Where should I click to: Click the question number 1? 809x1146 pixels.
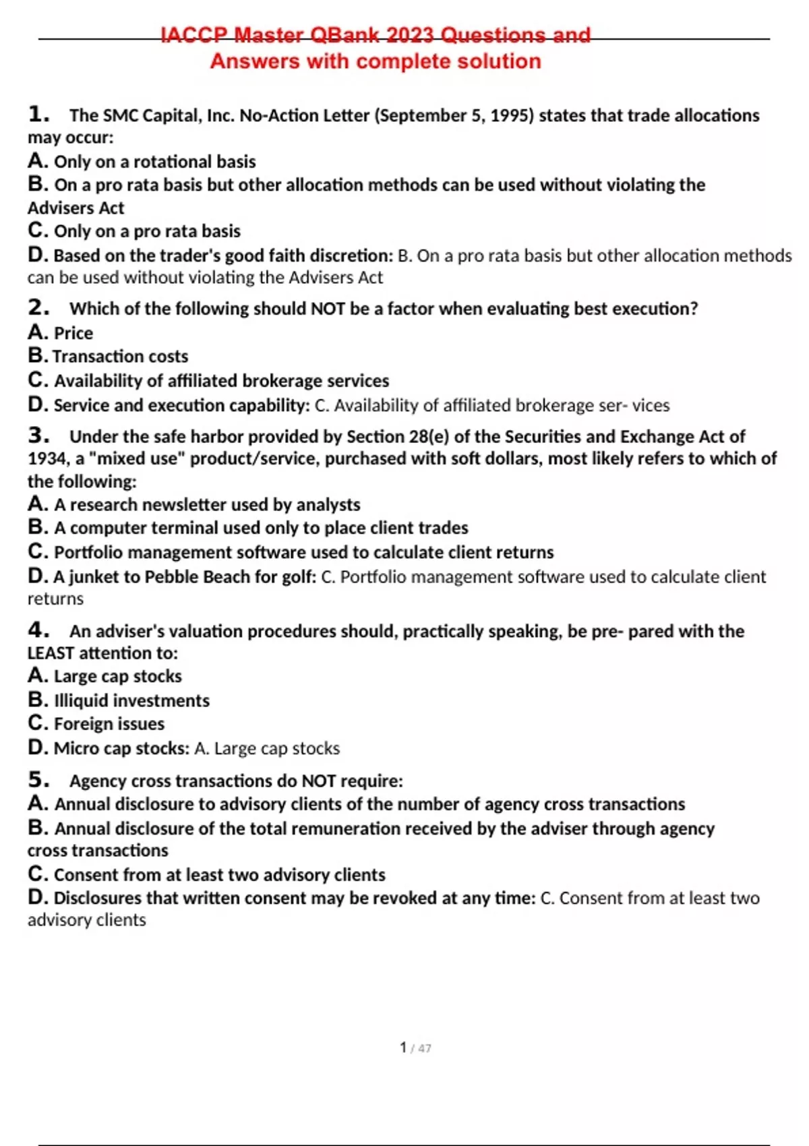click(x=38, y=114)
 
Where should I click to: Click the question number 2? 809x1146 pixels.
click(x=38, y=307)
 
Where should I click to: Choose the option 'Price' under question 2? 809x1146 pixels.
click(x=73, y=333)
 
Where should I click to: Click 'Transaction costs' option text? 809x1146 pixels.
click(x=121, y=356)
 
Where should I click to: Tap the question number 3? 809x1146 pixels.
click(x=38, y=435)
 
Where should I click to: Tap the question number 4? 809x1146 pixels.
click(x=38, y=630)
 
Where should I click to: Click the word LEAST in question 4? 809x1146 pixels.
click(x=51, y=653)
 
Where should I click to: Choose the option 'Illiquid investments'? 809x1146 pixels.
click(x=131, y=700)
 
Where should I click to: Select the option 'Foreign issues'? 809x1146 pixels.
click(x=109, y=724)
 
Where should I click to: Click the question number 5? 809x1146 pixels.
click(x=38, y=780)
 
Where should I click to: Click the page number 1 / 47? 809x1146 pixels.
click(x=415, y=1048)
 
